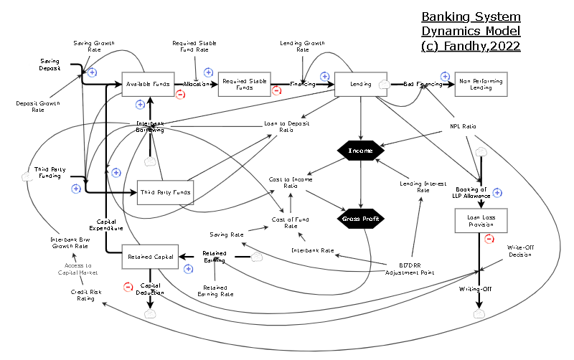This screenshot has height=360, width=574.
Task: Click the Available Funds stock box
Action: point(149,84)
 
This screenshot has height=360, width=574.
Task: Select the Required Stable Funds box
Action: point(244,84)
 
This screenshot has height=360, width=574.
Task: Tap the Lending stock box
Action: point(361,84)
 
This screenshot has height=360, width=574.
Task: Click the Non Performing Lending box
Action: point(481,84)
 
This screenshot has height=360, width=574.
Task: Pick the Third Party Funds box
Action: point(166,192)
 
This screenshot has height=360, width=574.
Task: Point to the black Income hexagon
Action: point(361,151)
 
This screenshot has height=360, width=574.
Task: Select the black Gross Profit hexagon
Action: point(361,219)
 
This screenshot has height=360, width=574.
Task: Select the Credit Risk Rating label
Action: point(83,295)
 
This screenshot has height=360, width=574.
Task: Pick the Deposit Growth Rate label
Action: point(38,107)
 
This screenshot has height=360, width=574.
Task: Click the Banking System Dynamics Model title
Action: point(471,31)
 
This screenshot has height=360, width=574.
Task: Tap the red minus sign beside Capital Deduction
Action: point(128,287)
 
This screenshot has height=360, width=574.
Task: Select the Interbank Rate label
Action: point(313,250)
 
